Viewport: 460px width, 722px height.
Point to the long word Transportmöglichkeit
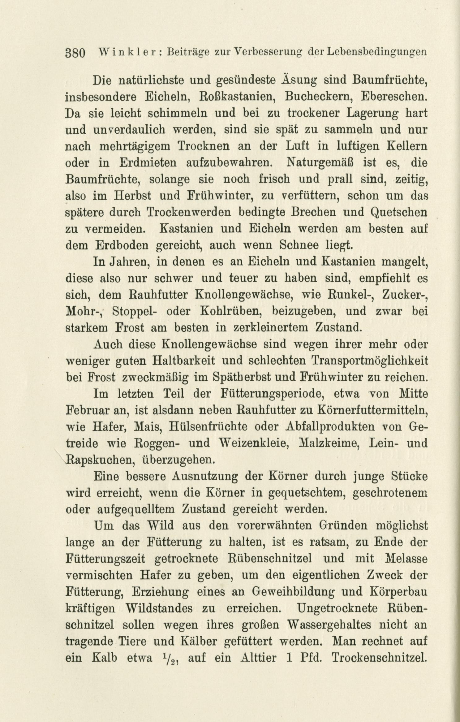click(x=370, y=361)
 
